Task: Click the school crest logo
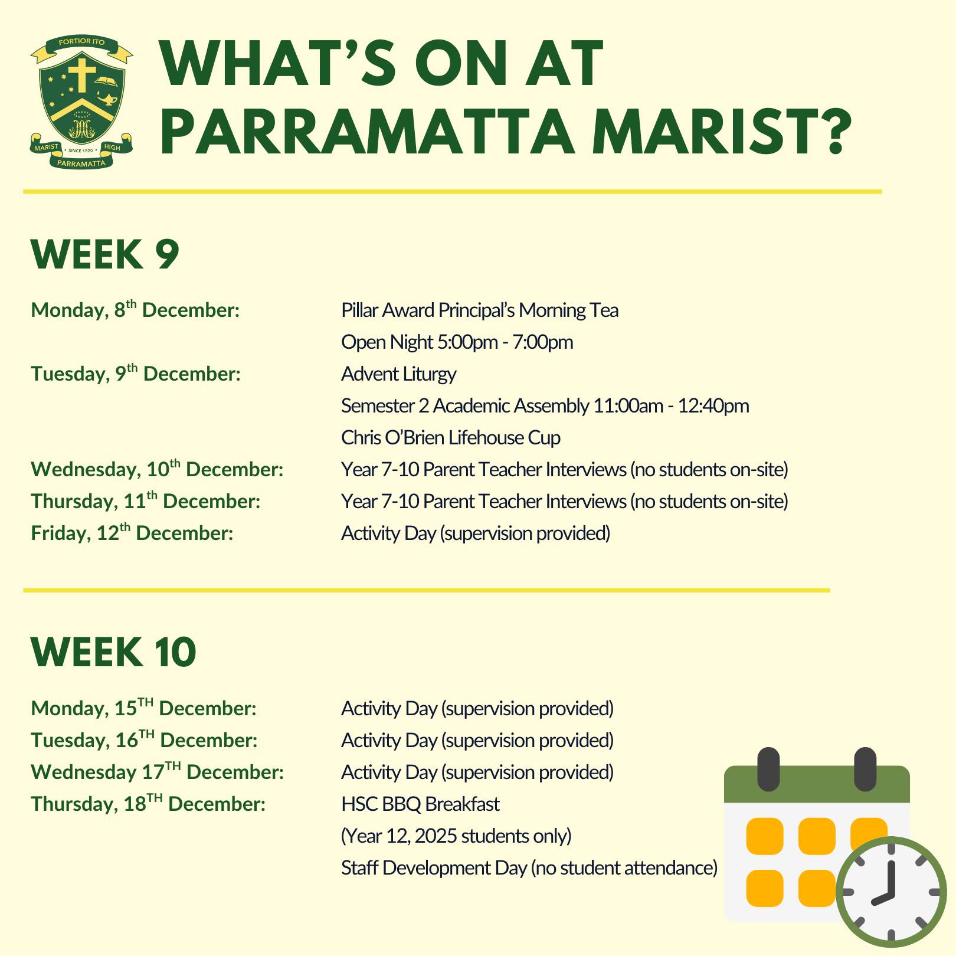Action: coord(82,102)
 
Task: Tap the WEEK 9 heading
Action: coord(105,254)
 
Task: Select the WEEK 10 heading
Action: coord(113,652)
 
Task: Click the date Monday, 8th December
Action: coord(135,309)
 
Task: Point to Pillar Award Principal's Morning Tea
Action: coord(480,310)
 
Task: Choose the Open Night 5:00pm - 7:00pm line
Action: coord(457,342)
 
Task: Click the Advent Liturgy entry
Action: coord(399,374)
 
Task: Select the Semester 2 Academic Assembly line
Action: coord(545,406)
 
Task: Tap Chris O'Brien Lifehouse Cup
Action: coord(451,438)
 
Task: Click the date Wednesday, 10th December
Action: coord(158,469)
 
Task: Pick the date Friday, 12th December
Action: coord(132,532)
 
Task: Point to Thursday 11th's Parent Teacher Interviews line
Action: coord(565,502)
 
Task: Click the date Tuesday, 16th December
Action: coord(145,739)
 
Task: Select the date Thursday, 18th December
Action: coord(148,803)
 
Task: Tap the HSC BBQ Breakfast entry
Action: coord(420,804)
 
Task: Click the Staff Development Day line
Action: coord(529,868)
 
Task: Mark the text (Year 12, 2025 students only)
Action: coord(457,836)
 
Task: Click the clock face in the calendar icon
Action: coord(891,892)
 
